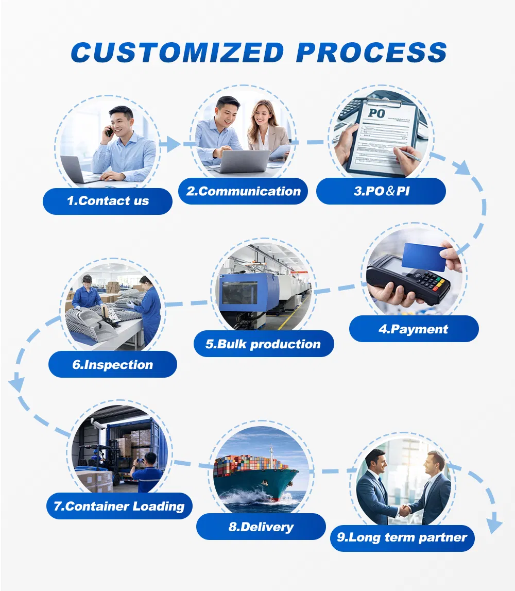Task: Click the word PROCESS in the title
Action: click(371, 52)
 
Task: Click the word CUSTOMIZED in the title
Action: click(177, 52)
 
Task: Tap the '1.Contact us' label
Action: click(108, 201)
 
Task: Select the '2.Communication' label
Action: click(244, 191)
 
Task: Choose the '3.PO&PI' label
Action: click(381, 191)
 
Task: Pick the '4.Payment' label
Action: click(414, 329)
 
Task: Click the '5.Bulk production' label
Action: click(264, 344)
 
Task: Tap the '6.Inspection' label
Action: click(113, 364)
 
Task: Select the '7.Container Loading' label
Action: click(119, 506)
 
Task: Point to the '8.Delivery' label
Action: click(261, 527)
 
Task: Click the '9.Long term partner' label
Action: click(402, 537)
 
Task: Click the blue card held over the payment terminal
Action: click(424, 258)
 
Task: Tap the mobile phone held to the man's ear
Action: click(109, 130)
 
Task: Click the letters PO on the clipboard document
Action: click(377, 113)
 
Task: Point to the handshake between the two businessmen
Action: click(405, 511)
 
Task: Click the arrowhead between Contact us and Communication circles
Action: click(174, 144)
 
